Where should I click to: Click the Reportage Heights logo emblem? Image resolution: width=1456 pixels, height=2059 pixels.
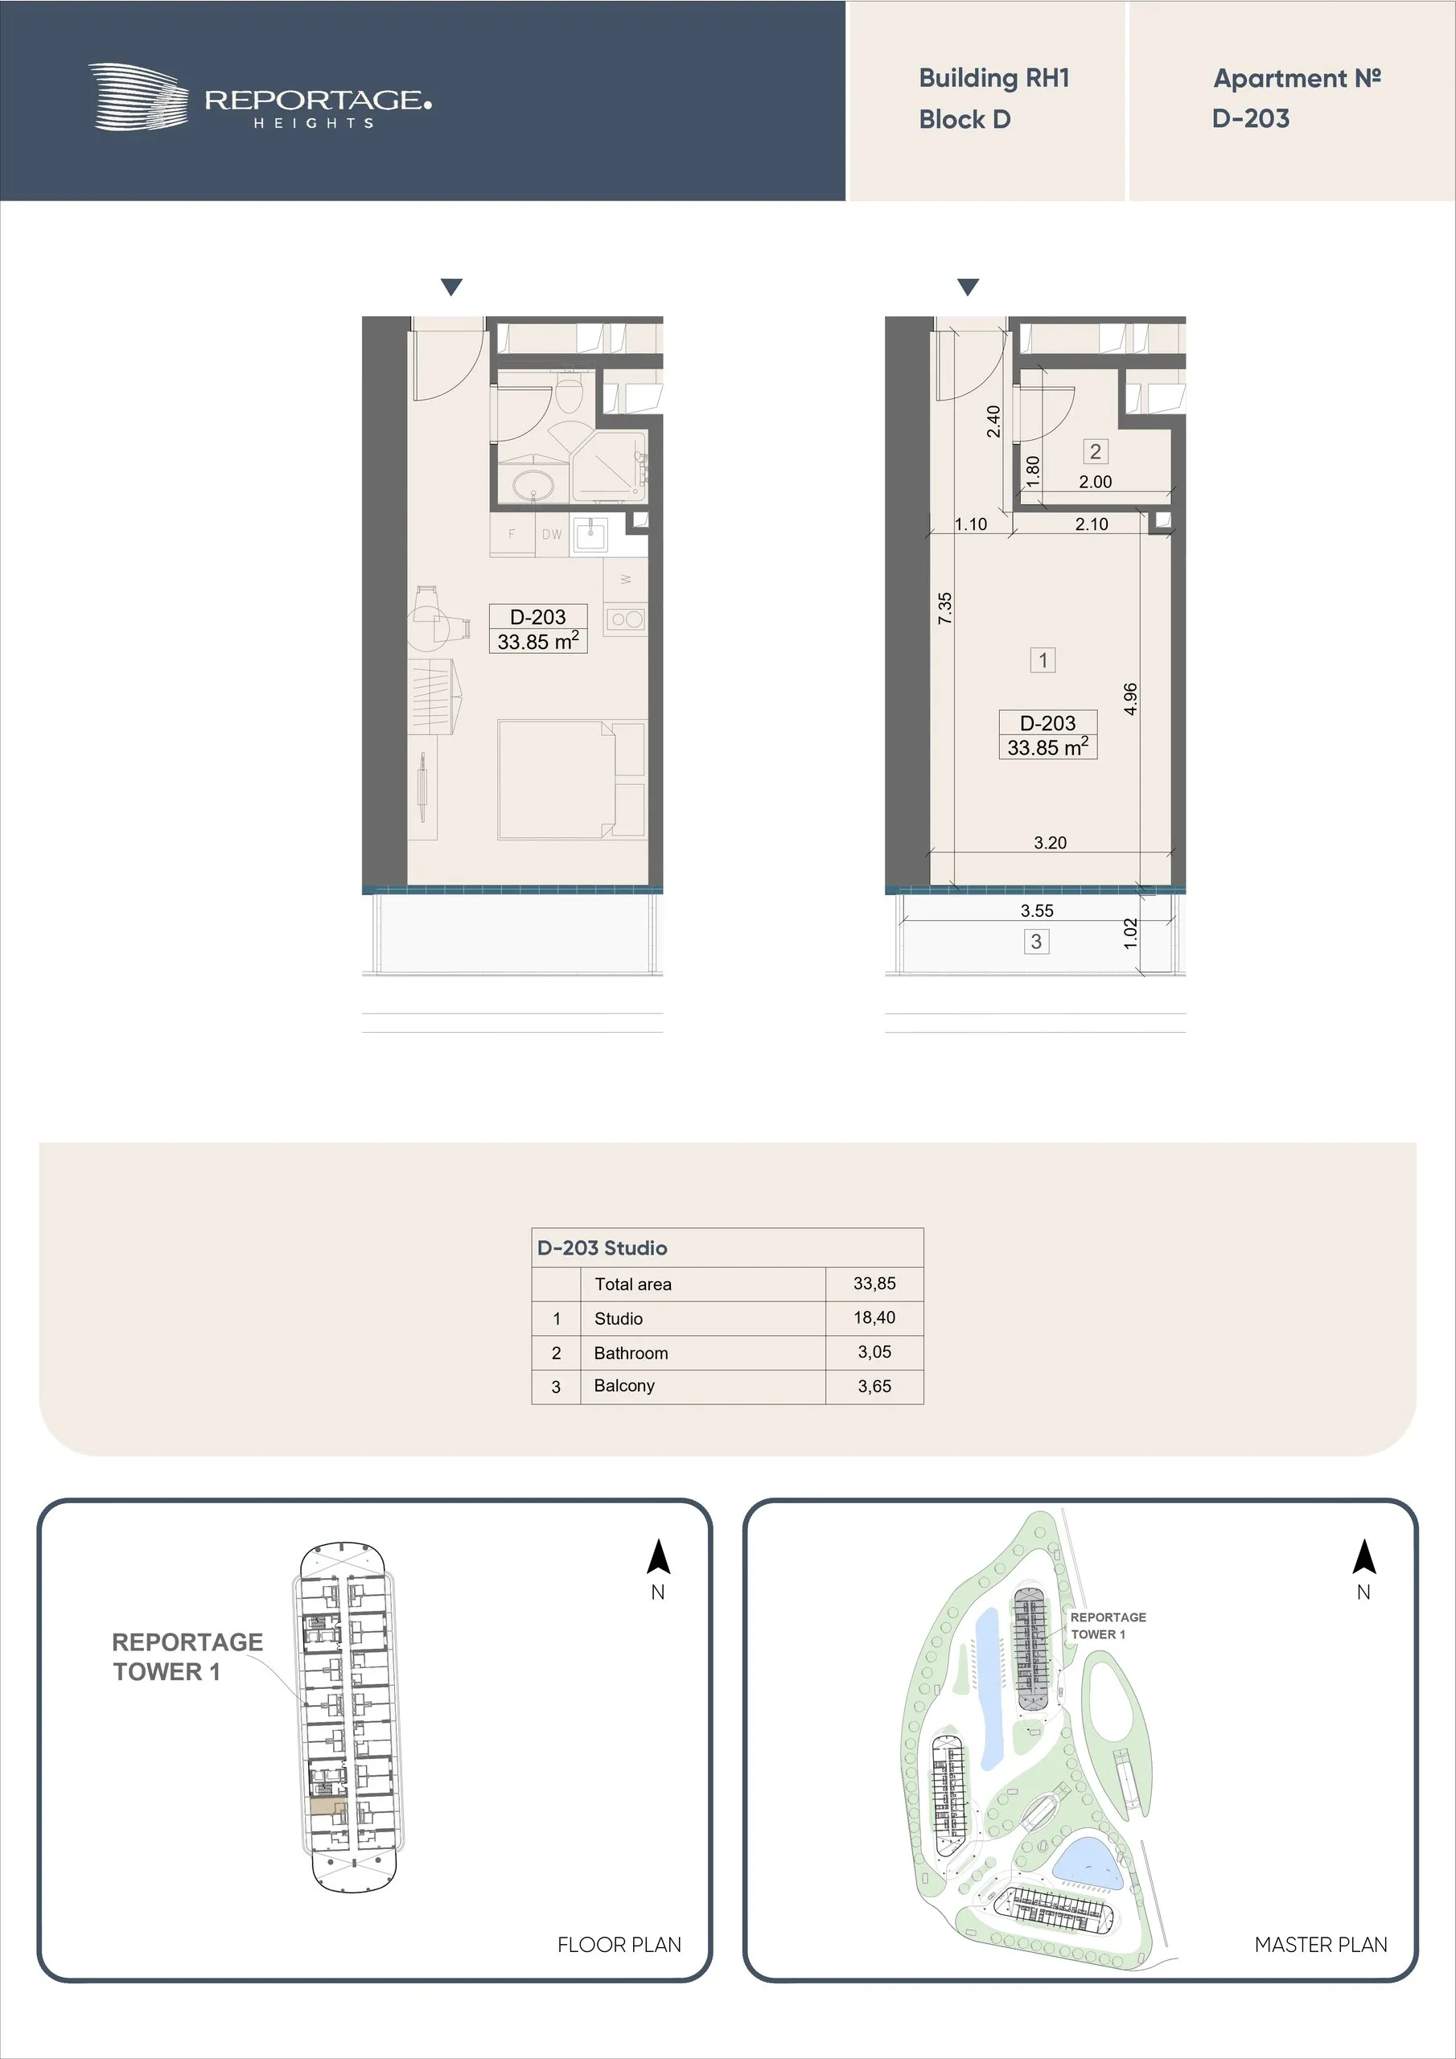pos(139,97)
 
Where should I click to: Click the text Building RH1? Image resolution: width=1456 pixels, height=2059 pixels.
pos(994,79)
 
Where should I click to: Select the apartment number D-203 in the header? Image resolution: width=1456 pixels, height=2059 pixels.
pos(1251,118)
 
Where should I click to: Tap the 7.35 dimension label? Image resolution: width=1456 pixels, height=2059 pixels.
pos(944,608)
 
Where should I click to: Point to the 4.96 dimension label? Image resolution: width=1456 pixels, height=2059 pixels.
pos(1130,699)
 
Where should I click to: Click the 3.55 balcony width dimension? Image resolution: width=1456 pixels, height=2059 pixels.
pos(1037,910)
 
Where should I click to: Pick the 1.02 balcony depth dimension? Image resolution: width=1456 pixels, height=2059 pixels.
pos(1130,934)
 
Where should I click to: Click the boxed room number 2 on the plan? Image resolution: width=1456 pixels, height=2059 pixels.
pos(1096,451)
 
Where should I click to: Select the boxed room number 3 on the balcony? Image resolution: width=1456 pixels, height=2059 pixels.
pos(1036,942)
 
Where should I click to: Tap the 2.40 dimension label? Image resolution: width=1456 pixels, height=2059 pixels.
pos(993,421)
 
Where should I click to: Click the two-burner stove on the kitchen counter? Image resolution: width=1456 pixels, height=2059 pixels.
pos(625,619)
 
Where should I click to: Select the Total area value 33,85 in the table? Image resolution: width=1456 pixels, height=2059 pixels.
pos(874,1284)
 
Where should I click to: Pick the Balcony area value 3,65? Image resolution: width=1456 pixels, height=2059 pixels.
pos(874,1387)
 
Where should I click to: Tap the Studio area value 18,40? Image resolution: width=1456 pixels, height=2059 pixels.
pos(874,1317)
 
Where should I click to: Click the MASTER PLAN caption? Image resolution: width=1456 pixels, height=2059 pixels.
pos(1321,1944)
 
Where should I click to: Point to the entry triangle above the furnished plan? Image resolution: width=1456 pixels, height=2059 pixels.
pos(452,287)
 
